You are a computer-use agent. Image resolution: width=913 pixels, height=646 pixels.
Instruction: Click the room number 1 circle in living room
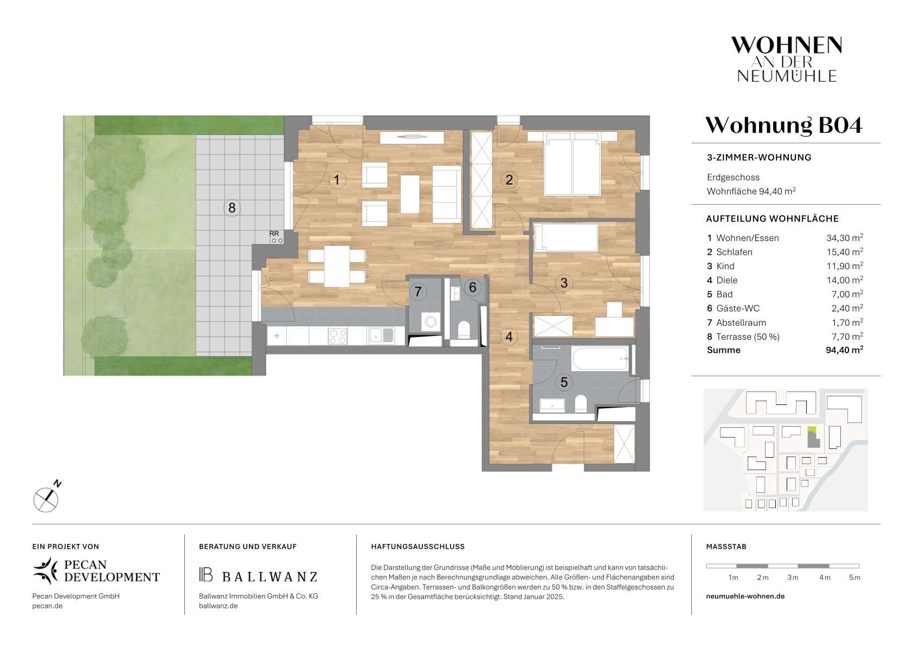pos(337,180)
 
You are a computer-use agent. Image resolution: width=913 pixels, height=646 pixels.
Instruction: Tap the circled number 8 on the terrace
pos(232,208)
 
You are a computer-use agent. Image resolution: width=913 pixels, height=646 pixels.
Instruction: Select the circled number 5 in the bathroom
pos(564,382)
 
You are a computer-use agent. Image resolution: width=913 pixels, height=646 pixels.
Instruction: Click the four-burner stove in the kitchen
pos(338,337)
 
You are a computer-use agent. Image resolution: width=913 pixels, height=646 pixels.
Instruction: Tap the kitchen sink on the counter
pos(382,335)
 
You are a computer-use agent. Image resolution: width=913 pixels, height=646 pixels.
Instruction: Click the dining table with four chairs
pos(337,266)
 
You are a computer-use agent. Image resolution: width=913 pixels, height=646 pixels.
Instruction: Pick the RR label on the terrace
pos(274,233)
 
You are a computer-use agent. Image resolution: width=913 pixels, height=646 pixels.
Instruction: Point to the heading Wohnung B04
pos(784,125)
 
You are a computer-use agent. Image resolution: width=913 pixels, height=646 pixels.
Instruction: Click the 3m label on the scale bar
pos(793,578)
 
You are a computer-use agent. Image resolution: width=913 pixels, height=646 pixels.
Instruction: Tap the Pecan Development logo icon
pos(46,571)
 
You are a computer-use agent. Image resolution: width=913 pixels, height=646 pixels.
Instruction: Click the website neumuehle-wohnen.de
pos(745,596)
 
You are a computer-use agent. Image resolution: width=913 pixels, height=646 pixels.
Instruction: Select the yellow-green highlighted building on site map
pos(812,429)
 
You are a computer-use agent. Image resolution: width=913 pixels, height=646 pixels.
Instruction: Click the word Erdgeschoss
pos(733,177)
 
